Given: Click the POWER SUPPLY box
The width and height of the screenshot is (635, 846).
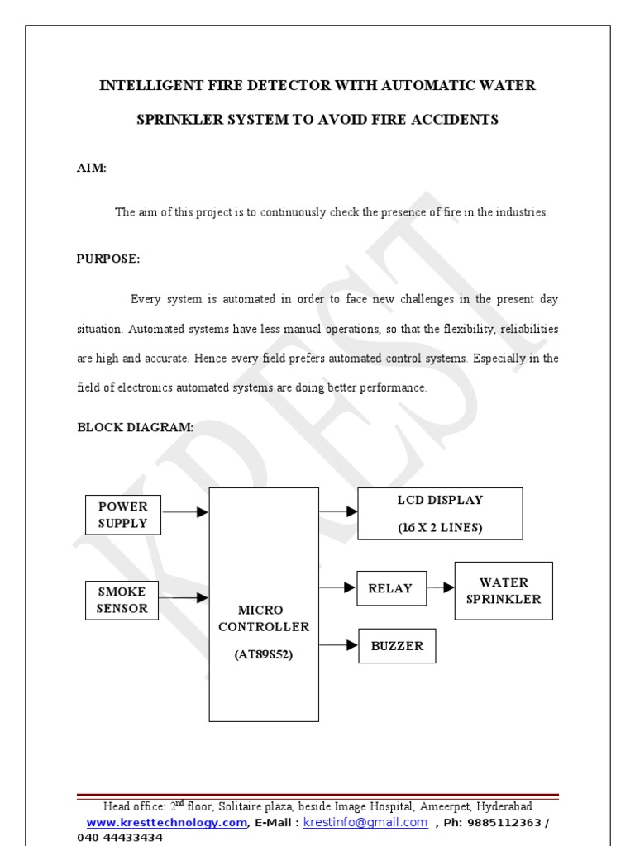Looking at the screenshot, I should click(123, 514).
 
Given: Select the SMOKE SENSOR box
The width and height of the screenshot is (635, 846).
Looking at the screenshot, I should click(123, 600).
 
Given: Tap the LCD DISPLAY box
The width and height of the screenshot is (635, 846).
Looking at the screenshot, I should click(440, 514).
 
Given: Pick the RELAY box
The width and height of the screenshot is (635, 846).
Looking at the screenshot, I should click(391, 588).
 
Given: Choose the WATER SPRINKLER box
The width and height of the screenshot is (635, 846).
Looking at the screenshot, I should click(503, 591).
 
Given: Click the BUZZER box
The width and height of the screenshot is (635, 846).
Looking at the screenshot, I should click(396, 646).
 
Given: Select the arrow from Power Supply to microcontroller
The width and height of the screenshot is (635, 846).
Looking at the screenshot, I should click(185, 513).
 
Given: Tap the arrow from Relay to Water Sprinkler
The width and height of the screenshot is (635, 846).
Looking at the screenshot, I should click(441, 588).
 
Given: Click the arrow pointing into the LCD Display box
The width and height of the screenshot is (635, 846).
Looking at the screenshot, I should click(338, 512).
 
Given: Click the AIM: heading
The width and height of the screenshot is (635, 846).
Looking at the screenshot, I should click(92, 168).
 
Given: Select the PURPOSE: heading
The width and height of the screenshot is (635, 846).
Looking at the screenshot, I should click(108, 259).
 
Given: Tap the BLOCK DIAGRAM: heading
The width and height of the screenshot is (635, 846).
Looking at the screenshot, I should click(136, 427).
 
